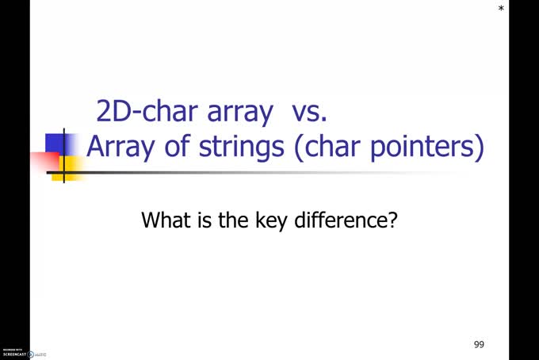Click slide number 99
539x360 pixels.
tap(479, 344)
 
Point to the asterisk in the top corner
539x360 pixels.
tap(501, 9)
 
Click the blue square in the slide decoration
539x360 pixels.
tap(55, 144)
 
